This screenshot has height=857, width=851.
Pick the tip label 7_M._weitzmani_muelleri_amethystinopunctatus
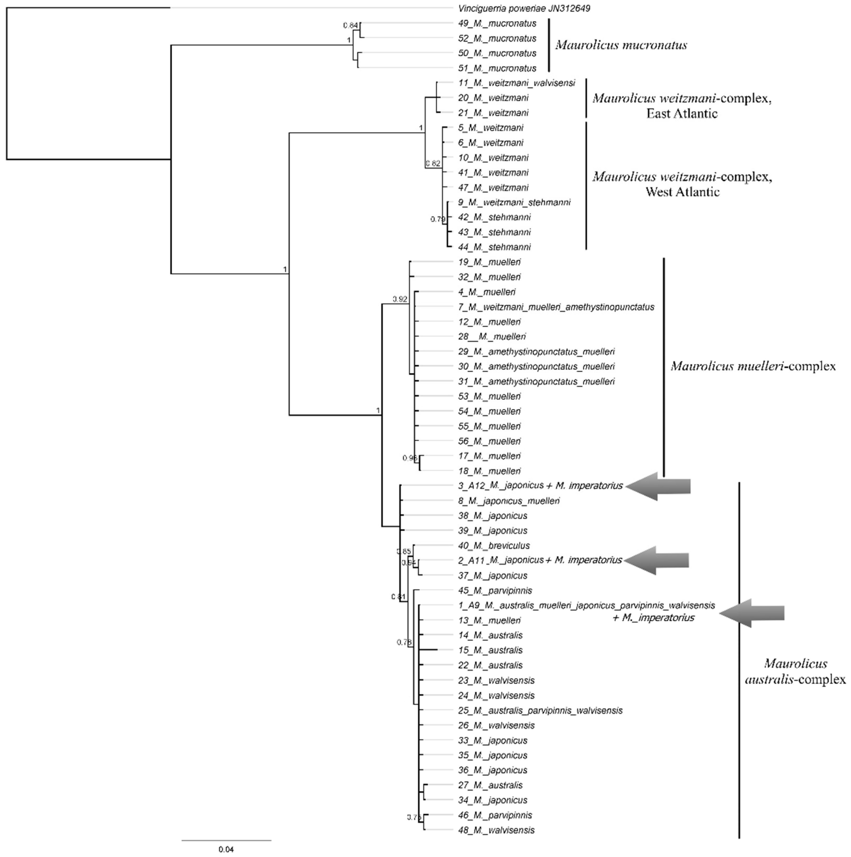(556, 307)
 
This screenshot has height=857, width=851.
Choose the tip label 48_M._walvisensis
(496, 830)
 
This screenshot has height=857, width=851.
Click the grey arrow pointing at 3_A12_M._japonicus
(659, 486)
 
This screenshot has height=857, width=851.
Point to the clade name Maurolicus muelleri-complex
(753, 366)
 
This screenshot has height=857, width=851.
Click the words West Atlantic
(682, 192)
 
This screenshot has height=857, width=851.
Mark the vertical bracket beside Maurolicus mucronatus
(549, 45)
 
